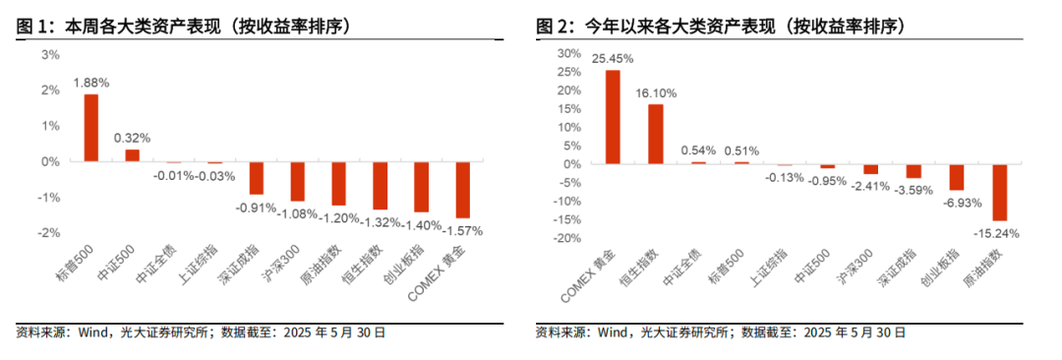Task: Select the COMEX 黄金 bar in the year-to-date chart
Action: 612,116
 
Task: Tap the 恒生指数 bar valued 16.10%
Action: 655,133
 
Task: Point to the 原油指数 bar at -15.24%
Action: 999,192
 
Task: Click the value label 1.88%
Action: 90,83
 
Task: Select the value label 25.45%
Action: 612,59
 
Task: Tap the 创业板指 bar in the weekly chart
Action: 421,187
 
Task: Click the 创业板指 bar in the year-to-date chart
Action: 956,176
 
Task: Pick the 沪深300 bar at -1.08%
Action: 297,181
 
